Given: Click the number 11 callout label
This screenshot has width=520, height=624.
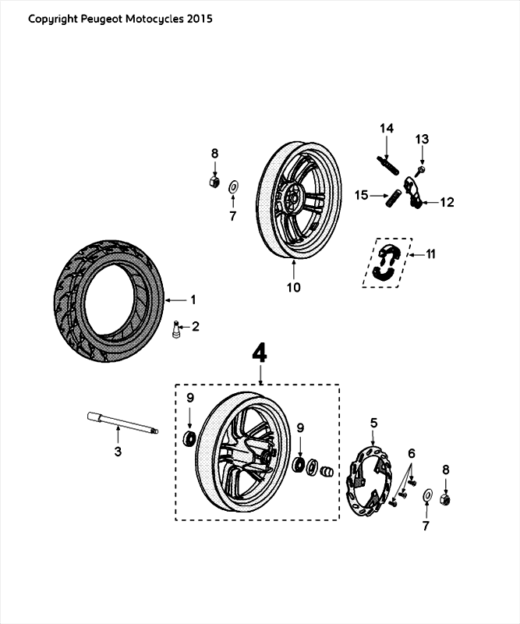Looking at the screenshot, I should coord(431,253).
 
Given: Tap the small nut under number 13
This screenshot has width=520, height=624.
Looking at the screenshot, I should coord(420,168).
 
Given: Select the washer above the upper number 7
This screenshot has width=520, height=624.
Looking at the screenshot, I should coord(233,187).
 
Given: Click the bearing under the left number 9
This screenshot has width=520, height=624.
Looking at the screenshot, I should coord(189,438).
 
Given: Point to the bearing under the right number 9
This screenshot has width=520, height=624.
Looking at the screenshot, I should coord(299,465).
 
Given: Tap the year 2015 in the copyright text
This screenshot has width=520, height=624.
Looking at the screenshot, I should coord(199,18).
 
